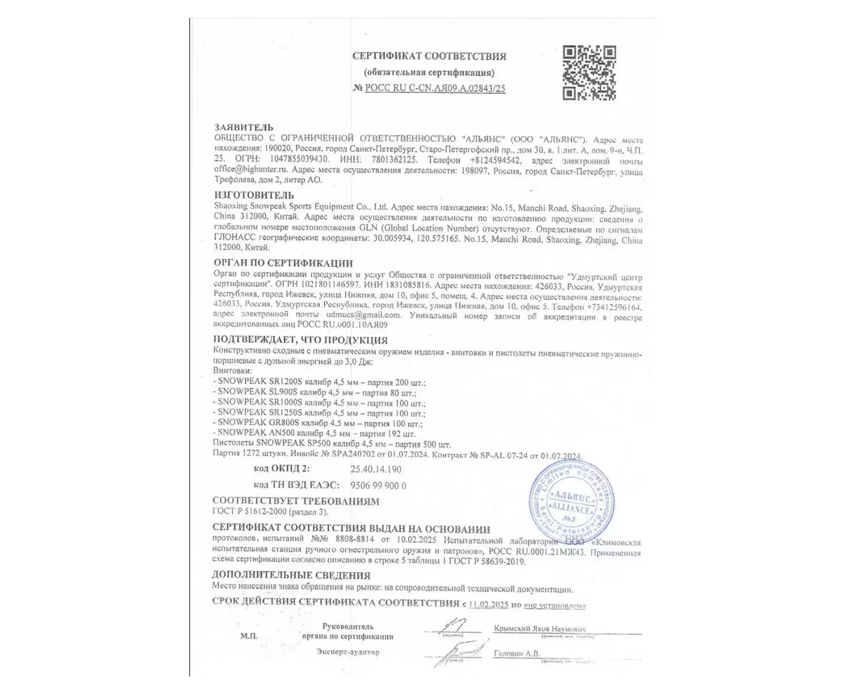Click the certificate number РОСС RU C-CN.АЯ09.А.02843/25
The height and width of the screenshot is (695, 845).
point(435,88)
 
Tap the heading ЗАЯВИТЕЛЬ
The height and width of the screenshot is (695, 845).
point(244,127)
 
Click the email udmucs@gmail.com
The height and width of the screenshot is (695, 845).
point(363,315)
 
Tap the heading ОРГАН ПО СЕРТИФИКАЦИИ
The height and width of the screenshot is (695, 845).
point(283,263)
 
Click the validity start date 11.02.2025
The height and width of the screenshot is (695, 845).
point(488,605)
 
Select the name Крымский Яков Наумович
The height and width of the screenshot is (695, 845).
point(539,628)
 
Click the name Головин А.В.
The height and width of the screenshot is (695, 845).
point(517,653)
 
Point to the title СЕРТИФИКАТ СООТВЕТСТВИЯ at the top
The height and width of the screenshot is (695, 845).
point(429,56)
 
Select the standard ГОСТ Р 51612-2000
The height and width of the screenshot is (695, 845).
point(249,512)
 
